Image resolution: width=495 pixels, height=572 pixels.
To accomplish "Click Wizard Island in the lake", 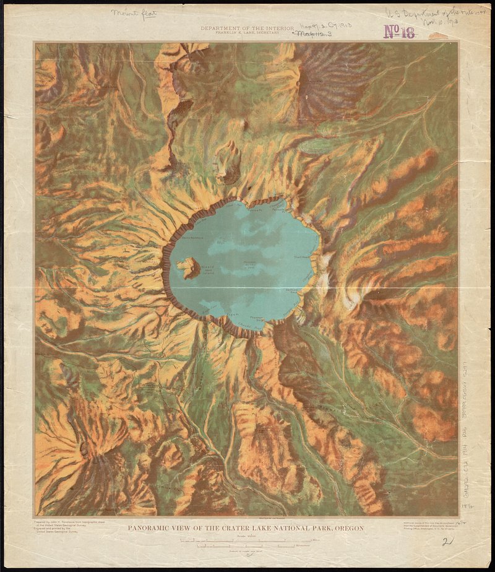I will [x=186, y=268].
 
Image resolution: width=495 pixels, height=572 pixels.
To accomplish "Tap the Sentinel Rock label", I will [x=293, y=291].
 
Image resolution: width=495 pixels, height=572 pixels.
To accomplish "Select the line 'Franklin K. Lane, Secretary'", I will [x=247, y=33].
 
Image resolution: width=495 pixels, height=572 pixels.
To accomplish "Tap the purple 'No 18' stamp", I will [x=399, y=32].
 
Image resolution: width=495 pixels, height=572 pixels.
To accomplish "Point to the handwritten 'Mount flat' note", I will [x=134, y=13].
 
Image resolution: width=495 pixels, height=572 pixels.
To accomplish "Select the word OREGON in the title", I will [x=347, y=528].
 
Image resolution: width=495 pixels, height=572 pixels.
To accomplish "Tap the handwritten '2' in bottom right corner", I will [x=444, y=543].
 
